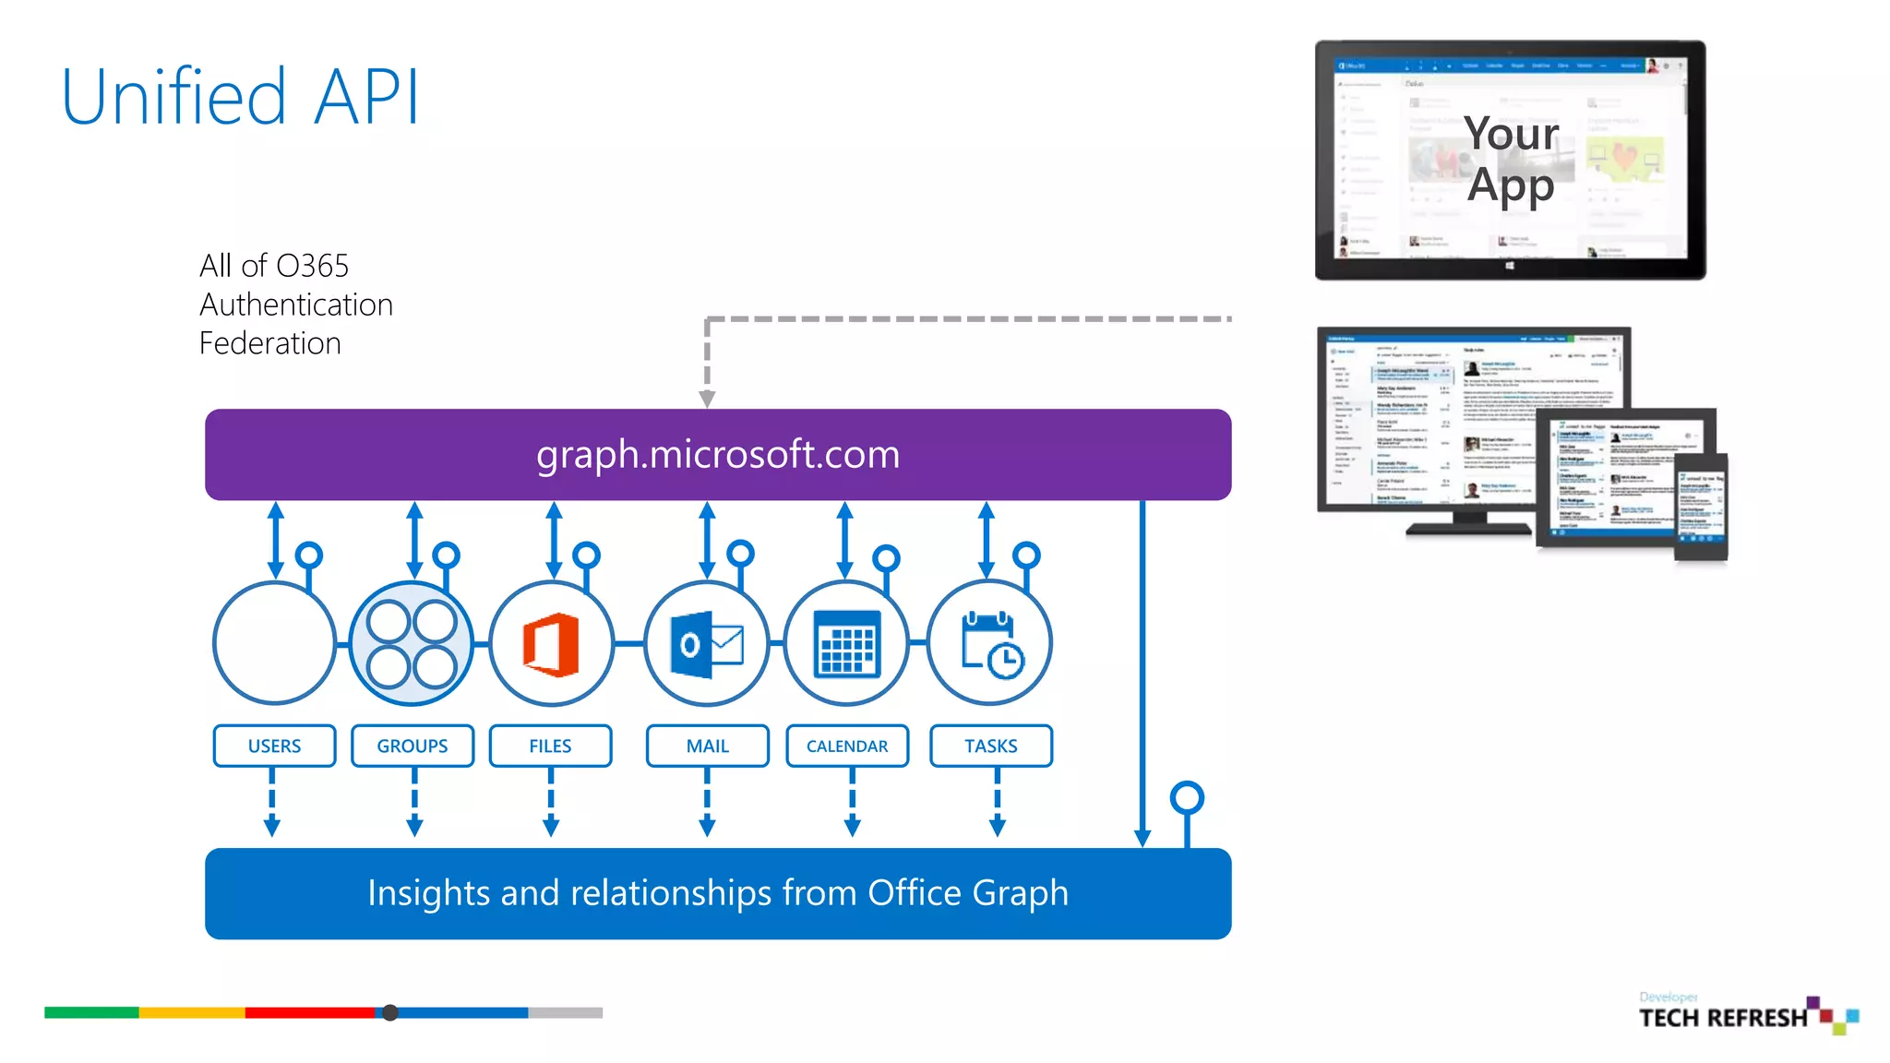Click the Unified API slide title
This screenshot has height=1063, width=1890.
[x=240, y=97]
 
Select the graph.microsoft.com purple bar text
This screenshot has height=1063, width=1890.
[x=717, y=454]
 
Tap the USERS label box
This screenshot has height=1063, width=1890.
[x=274, y=746]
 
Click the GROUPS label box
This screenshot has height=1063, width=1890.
[x=412, y=746]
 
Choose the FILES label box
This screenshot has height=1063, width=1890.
[x=550, y=746]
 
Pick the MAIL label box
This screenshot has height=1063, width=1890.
[x=707, y=746]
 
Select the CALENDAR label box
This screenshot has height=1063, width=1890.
[x=847, y=746]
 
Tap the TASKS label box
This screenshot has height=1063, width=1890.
[x=990, y=746]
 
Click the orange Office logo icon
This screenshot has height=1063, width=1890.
[x=551, y=644]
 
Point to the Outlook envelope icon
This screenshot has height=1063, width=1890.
[x=707, y=644]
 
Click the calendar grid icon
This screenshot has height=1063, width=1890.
[x=846, y=644]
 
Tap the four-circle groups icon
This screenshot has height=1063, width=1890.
[x=412, y=644]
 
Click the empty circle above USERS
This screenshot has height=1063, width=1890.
[x=274, y=642]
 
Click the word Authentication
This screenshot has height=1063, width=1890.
[x=296, y=305]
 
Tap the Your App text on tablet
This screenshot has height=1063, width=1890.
[x=1511, y=159]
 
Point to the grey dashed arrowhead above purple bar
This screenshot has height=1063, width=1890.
[x=707, y=398]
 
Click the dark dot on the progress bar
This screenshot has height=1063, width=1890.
[x=390, y=1012]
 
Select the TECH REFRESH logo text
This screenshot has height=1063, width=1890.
[x=1722, y=1018]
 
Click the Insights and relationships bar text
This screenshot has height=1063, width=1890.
[x=717, y=893]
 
